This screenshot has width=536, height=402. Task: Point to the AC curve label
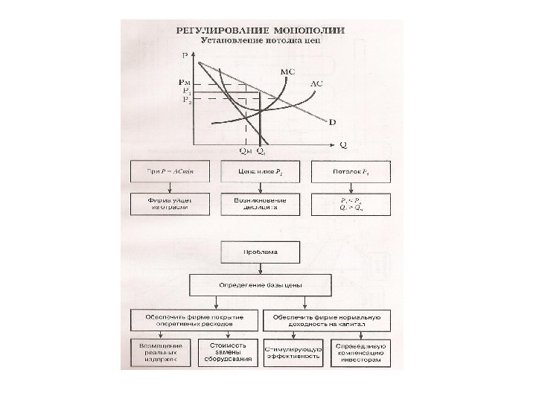[316, 84]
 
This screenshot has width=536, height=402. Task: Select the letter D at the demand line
[331, 121]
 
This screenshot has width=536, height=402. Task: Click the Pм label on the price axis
[185, 82]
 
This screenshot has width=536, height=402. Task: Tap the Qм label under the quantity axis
[245, 151]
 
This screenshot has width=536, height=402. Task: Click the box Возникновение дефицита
[259, 204]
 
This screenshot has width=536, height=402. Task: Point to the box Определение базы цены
[259, 284]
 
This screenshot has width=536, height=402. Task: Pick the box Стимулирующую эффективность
[293, 352]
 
